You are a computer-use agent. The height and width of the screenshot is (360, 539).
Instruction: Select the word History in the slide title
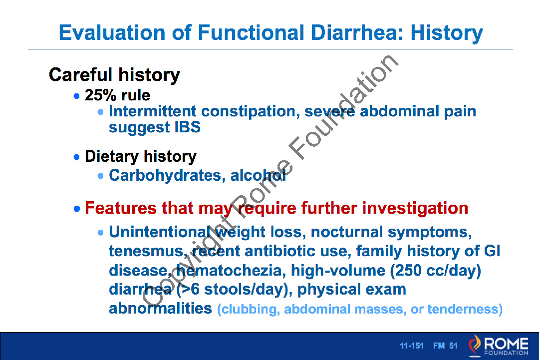tap(447, 33)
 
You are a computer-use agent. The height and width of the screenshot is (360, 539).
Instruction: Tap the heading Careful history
tap(114, 75)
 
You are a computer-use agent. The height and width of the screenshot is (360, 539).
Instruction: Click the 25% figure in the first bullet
tap(100, 95)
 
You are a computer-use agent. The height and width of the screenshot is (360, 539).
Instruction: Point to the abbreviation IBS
tap(188, 127)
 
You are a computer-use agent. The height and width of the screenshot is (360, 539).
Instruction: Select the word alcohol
tap(258, 175)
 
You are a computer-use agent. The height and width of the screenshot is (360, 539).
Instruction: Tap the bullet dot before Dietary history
tap(77, 157)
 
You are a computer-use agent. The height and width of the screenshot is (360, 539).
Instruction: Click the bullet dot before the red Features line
tap(77, 209)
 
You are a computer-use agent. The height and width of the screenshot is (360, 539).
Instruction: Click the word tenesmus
tap(146, 251)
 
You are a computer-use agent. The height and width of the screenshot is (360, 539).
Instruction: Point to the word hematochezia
tap(229, 270)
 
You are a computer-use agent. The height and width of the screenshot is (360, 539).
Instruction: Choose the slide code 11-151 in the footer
tap(412, 346)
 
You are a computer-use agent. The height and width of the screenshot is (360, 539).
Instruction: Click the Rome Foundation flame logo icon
tap(475, 345)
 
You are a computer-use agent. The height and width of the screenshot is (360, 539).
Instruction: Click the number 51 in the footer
tap(453, 346)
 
